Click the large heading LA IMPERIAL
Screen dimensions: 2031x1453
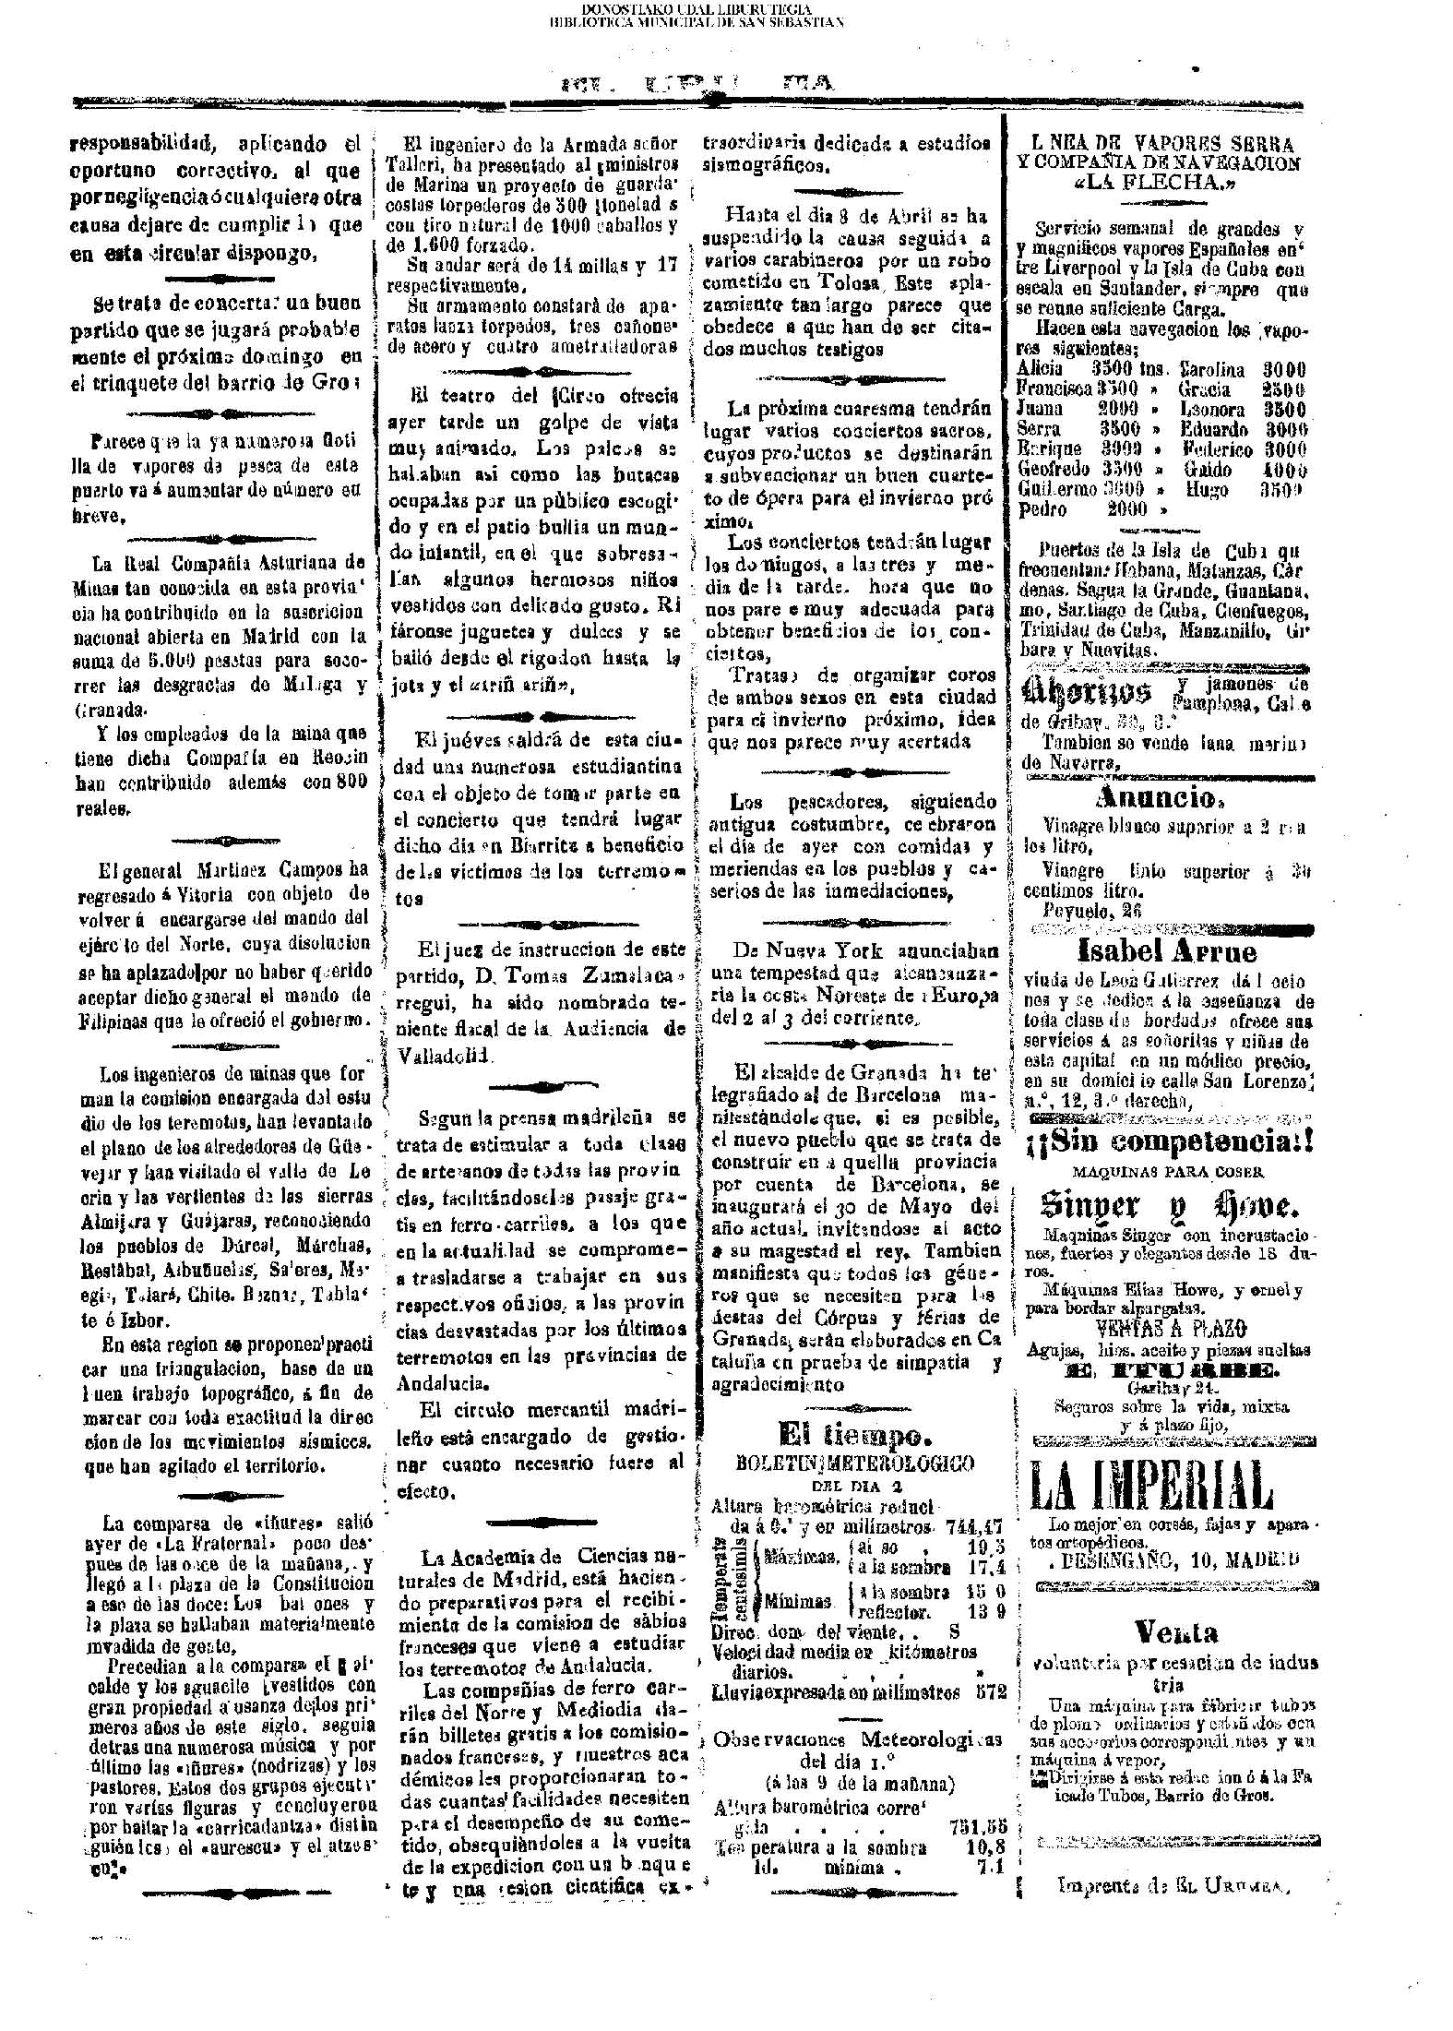coord(1150,1487)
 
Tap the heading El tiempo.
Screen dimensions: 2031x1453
coord(852,1434)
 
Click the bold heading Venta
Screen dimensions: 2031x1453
coord(1176,1633)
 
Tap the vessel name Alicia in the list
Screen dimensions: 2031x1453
coord(1039,368)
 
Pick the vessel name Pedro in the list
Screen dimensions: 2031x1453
coord(1042,508)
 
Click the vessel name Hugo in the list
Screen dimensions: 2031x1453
coord(1206,489)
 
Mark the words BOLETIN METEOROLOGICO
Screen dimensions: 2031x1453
coord(854,1463)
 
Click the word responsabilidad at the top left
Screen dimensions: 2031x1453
coord(140,144)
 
